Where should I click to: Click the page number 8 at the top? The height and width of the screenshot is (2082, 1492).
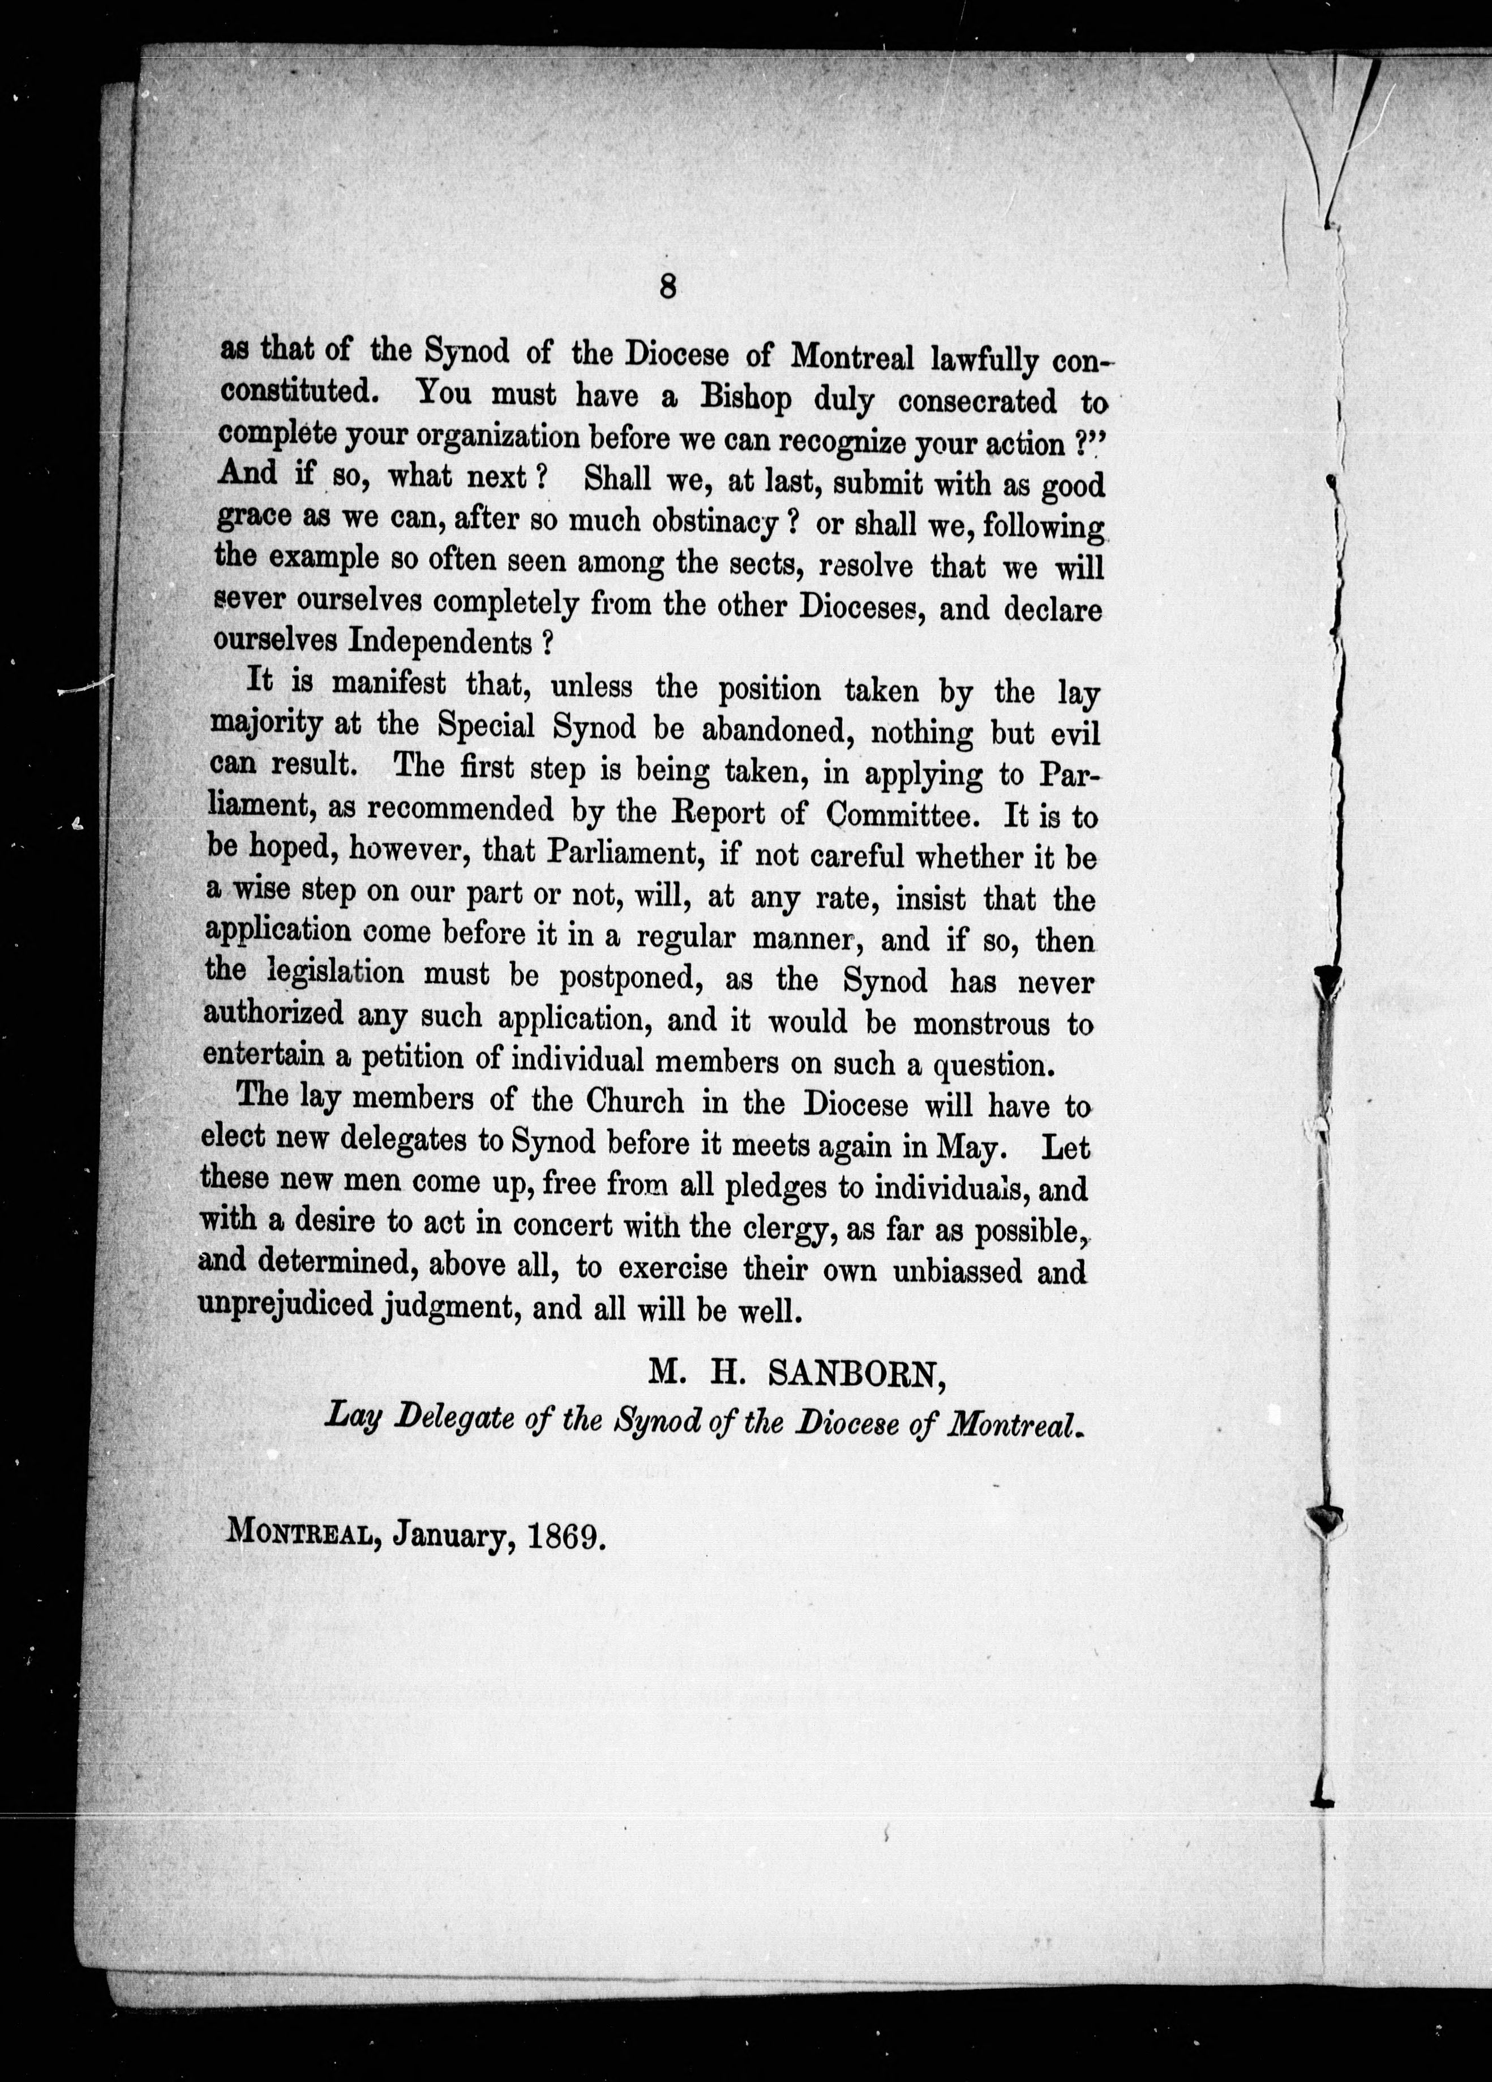pos(667,287)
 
